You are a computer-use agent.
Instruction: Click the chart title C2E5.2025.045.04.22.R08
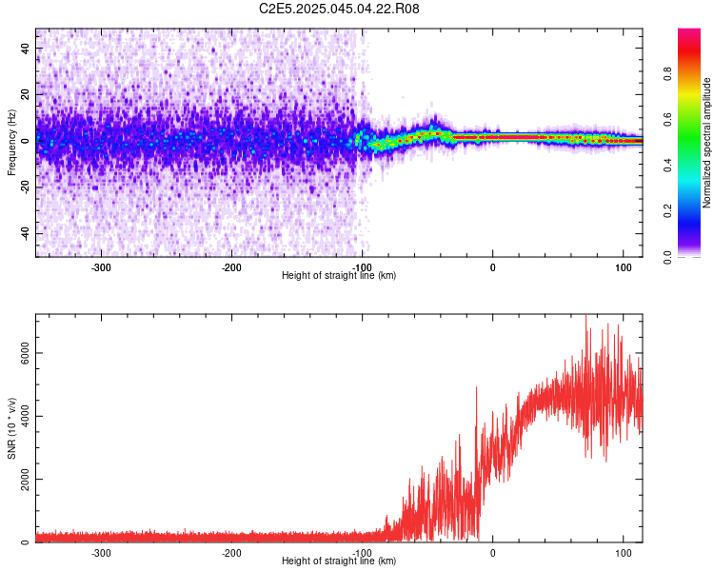tap(339, 9)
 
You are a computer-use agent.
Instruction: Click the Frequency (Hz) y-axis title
tap(11, 143)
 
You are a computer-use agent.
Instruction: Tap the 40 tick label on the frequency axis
tap(25, 48)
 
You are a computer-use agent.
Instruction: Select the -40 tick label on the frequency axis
tap(25, 233)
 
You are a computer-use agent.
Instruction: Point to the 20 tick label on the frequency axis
tap(25, 94)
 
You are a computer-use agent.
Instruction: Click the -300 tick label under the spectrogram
tap(101, 267)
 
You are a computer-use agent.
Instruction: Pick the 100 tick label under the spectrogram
tap(624, 267)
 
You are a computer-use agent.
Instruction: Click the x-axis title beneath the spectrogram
tap(339, 275)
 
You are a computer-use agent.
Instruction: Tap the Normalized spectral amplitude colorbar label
tap(706, 143)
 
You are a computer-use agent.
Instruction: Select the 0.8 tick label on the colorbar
tap(668, 74)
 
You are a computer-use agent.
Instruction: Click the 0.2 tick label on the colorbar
tap(668, 211)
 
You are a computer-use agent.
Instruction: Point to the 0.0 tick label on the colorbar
tap(668, 257)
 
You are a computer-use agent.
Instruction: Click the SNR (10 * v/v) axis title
tap(11, 428)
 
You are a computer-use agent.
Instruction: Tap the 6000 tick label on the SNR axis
tap(25, 353)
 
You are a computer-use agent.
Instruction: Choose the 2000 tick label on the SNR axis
tap(25, 479)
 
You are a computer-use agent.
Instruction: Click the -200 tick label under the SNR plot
tap(231, 553)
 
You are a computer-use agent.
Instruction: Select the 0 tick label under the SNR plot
tap(493, 553)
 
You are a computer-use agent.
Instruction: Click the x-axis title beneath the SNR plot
tap(339, 561)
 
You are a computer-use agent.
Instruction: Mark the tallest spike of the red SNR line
tap(586, 316)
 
